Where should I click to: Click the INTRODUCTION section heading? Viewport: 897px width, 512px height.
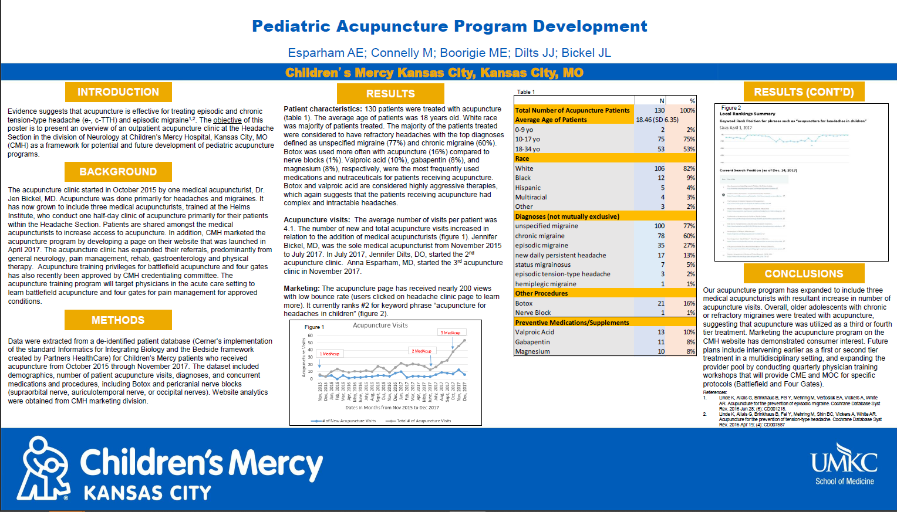point(118,92)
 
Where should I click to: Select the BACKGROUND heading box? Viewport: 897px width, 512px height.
point(118,172)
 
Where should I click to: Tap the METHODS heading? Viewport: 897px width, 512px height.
point(118,320)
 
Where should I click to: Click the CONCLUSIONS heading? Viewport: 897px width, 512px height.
point(804,274)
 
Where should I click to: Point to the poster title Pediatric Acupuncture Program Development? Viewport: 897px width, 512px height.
point(449,26)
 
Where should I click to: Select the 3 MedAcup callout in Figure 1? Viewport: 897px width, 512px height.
point(451,333)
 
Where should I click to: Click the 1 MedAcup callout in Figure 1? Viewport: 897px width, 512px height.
point(329,354)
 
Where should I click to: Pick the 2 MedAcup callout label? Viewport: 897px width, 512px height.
point(421,351)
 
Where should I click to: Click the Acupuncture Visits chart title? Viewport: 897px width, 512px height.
point(380,325)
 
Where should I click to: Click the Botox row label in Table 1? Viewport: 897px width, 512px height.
point(524,303)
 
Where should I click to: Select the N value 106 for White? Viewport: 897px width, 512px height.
point(659,168)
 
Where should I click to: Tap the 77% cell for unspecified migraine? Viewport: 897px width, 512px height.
point(689,226)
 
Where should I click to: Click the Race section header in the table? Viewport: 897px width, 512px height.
point(522,158)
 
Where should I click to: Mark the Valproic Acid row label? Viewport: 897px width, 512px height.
point(534,332)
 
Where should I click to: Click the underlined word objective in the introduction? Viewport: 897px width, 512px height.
point(227,120)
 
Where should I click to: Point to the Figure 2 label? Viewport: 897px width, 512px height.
point(731,108)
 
